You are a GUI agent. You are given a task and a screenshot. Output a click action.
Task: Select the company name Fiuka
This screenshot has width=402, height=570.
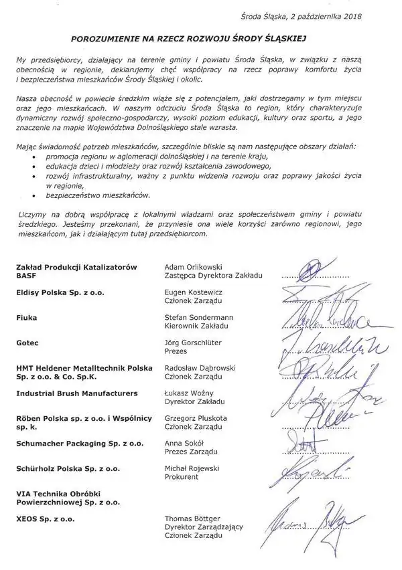click(27, 318)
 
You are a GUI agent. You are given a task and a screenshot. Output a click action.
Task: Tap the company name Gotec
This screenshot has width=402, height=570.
click(28, 343)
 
